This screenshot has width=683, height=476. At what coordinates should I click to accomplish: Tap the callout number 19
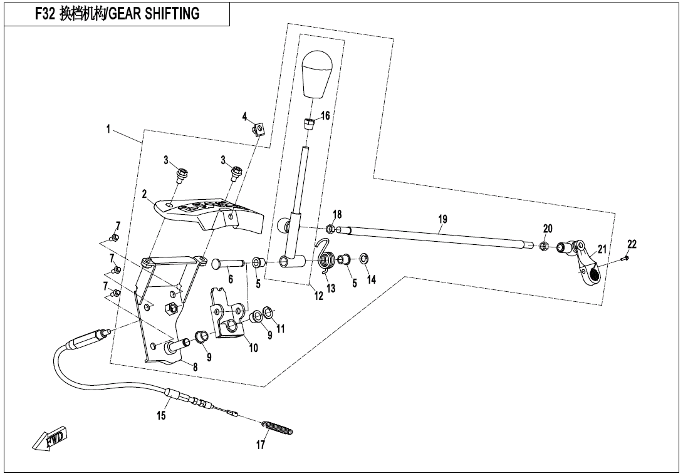(x=443, y=219)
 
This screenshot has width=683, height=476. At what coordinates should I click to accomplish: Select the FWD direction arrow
(x=51, y=440)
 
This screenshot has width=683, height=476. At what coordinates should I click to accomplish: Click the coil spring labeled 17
(x=278, y=427)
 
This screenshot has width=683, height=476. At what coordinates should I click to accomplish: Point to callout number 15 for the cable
(x=162, y=415)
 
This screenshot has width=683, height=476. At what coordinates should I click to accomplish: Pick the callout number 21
(x=602, y=249)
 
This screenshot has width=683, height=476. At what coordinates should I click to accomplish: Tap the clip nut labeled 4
(x=257, y=130)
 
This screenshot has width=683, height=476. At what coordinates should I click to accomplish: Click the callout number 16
(x=325, y=116)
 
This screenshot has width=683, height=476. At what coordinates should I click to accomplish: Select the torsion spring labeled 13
(x=328, y=260)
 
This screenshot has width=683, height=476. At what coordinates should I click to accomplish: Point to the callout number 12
(x=319, y=296)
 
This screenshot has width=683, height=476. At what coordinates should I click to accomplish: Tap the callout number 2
(x=143, y=195)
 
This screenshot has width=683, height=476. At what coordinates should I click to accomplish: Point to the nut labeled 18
(x=329, y=229)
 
